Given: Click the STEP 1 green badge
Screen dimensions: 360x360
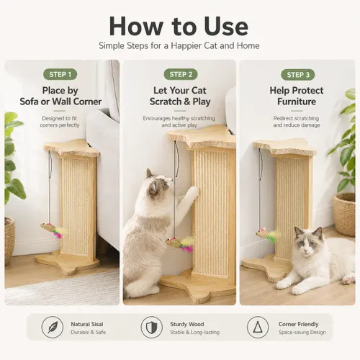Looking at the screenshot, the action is [x=60, y=74].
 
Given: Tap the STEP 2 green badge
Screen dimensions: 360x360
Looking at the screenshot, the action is [x=181, y=74].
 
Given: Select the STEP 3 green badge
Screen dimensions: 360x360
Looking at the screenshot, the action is [x=298, y=75].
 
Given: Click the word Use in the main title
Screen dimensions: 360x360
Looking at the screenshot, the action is [x=226, y=27].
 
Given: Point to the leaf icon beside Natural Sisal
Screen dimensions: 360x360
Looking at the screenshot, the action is [x=53, y=327].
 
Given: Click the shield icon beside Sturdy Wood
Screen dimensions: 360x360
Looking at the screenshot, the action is [x=152, y=327].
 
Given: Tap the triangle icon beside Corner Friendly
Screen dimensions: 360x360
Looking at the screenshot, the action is [x=258, y=327].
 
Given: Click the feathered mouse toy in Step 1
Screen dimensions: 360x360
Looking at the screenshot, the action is [x=52, y=230].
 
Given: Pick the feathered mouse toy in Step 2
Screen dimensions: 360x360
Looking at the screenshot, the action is [x=179, y=243].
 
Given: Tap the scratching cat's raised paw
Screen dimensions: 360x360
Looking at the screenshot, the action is [x=194, y=192].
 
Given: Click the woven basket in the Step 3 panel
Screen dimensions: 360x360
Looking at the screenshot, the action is [x=344, y=214].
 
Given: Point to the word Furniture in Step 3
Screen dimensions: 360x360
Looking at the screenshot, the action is [x=297, y=102].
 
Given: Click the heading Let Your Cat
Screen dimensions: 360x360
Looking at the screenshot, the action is [x=180, y=91].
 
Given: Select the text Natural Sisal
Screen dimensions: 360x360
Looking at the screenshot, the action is [x=87, y=324].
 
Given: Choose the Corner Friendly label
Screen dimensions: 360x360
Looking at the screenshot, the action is [x=298, y=324].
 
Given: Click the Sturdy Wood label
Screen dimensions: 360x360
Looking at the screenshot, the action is [x=187, y=324].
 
